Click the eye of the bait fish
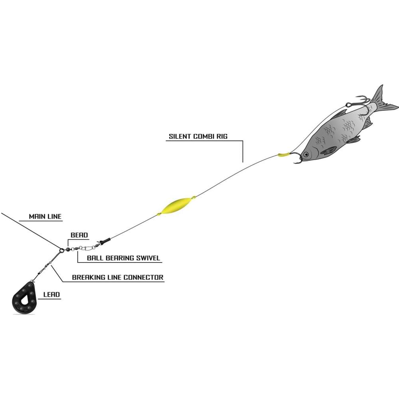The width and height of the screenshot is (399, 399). (306, 154)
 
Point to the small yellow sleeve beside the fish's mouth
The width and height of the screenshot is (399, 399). (283, 154)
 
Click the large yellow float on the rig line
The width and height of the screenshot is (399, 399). (176, 205)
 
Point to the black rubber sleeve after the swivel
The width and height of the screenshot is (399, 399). (104, 241)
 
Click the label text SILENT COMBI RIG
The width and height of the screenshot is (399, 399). (198, 136)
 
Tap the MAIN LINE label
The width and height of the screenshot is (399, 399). (45, 217)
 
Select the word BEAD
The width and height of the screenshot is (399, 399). (79, 235)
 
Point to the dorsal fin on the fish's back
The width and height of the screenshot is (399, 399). (339, 113)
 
